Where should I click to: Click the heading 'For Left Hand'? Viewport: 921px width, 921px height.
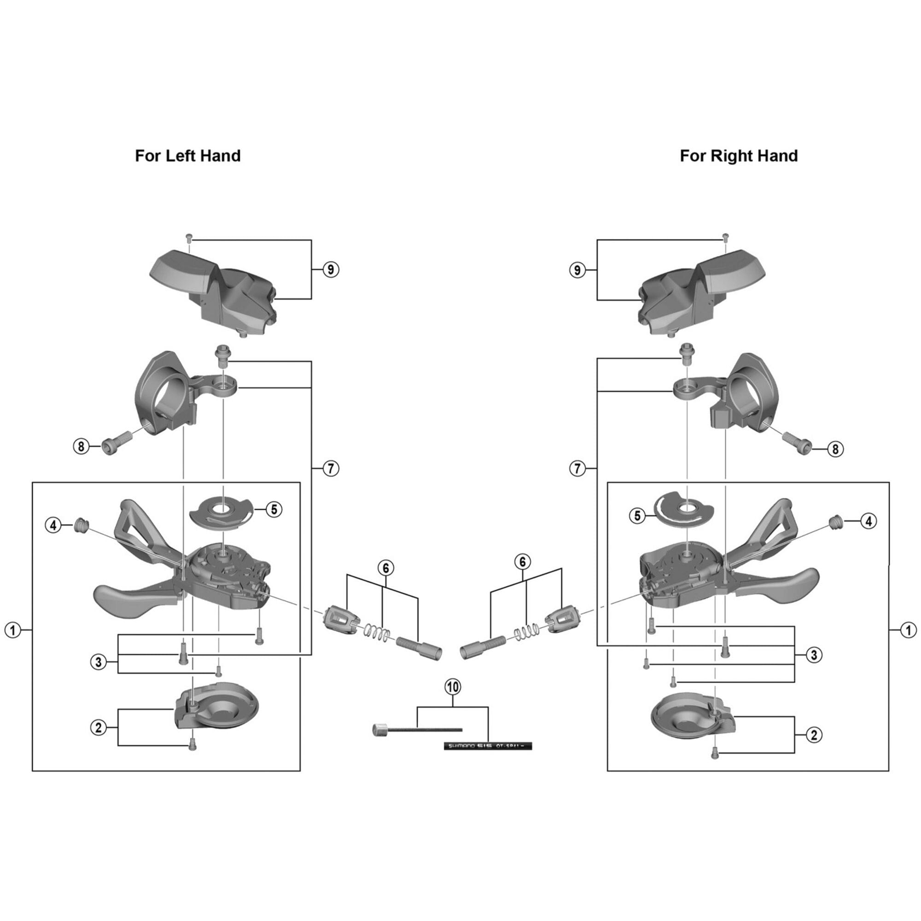[x=188, y=156]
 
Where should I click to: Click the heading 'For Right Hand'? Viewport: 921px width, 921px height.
[x=739, y=156]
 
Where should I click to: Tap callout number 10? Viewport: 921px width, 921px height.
[x=452, y=687]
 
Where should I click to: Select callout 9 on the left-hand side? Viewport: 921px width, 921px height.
[x=331, y=269]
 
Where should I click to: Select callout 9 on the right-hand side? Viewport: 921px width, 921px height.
[x=577, y=270]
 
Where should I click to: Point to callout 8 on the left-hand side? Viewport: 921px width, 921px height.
[x=81, y=446]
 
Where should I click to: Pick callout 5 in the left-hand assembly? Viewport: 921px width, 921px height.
[x=274, y=509]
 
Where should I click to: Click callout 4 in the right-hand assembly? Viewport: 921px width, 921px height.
[x=869, y=522]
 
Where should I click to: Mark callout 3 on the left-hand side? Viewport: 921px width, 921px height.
[x=99, y=662]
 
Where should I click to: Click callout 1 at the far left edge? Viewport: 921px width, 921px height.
[x=13, y=630]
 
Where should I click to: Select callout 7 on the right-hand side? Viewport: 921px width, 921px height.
[x=577, y=469]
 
